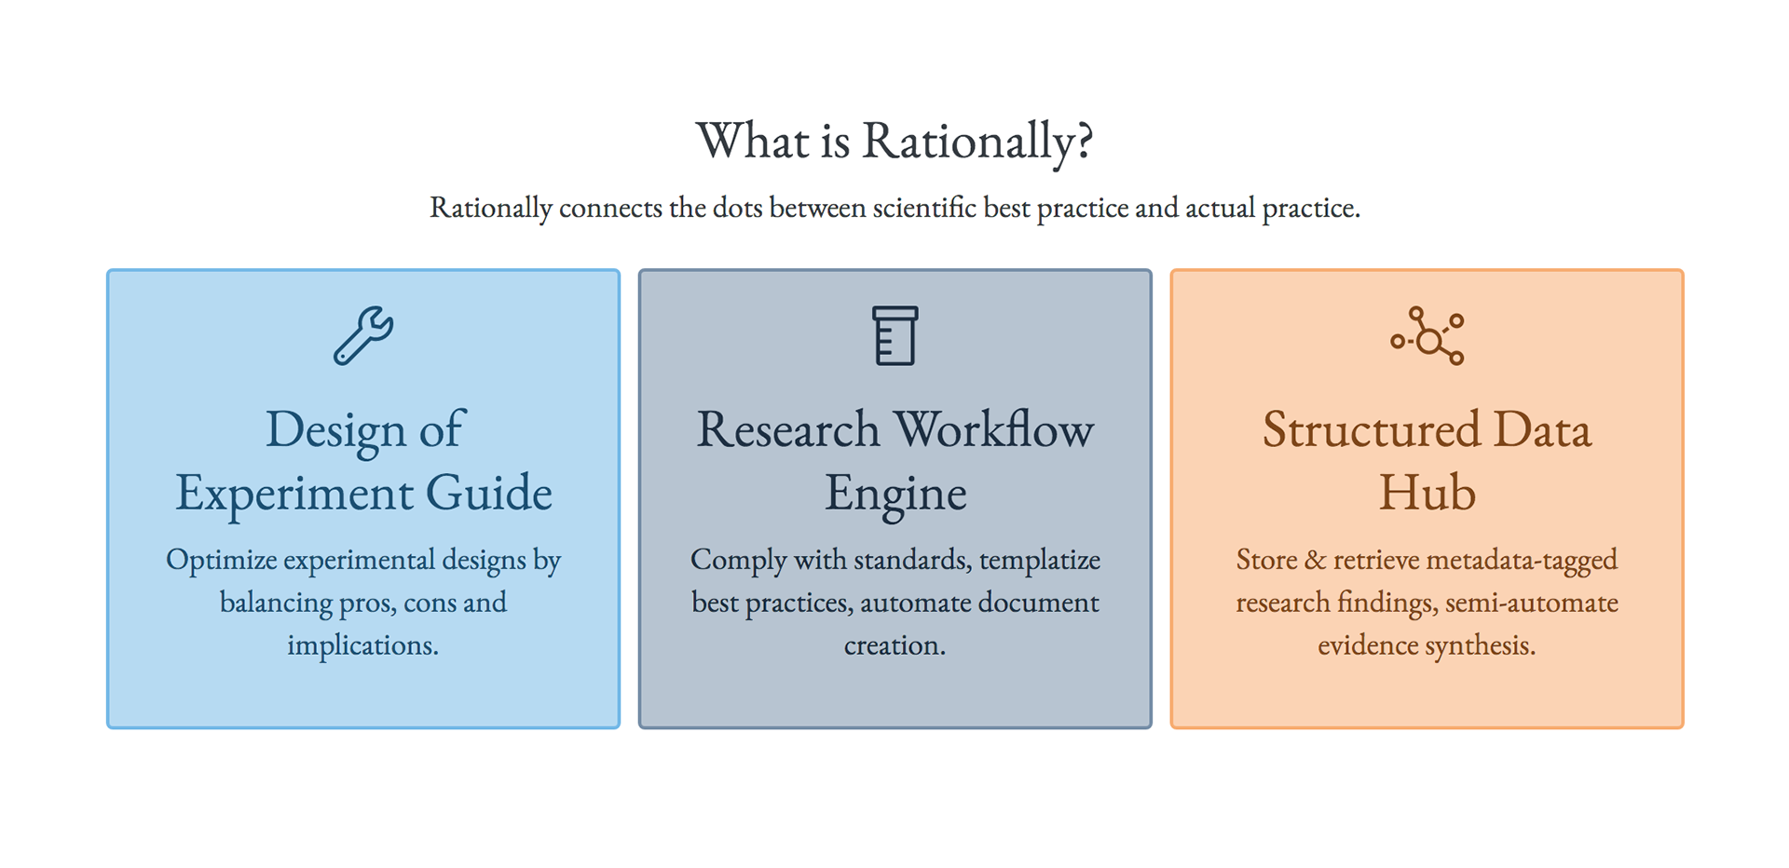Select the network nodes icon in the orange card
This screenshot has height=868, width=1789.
[x=1427, y=335]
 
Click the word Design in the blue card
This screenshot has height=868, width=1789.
[x=335, y=430]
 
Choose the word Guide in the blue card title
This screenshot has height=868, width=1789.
[x=489, y=493]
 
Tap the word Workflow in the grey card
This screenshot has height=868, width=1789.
[x=993, y=429]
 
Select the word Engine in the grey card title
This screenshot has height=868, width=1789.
[x=895, y=495]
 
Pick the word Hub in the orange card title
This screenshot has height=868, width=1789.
[x=1427, y=493]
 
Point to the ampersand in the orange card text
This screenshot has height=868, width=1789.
[x=1316, y=560]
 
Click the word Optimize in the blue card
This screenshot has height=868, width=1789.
[x=222, y=561]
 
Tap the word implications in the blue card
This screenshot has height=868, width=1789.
[x=362, y=646]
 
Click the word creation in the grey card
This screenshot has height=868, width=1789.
[x=894, y=645]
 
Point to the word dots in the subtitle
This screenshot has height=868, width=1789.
[x=737, y=208]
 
